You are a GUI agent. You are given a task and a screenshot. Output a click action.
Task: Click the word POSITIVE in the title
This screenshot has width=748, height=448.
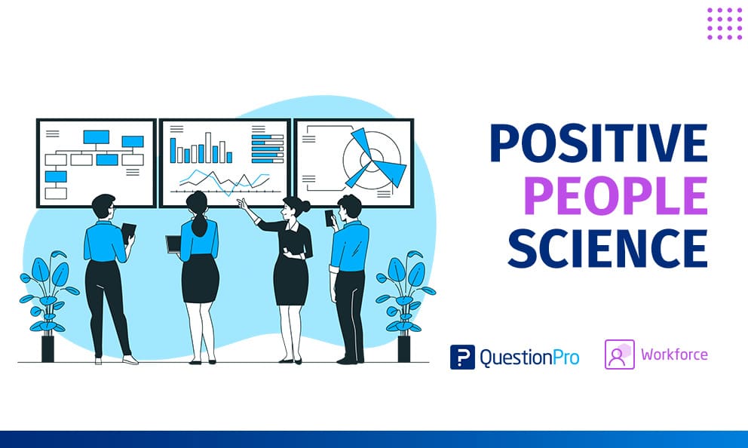599,143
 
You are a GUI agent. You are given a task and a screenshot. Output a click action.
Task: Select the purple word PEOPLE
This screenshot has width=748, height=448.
615,195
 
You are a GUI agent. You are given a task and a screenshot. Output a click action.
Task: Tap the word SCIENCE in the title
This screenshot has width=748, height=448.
608,248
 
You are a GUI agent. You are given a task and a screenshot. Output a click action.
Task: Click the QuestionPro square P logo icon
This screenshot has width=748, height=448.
462,357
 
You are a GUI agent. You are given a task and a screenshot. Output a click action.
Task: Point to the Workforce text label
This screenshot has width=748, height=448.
674,354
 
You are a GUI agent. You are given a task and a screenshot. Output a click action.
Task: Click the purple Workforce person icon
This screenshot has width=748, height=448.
620,354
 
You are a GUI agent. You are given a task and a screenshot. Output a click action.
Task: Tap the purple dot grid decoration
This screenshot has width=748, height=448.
725,23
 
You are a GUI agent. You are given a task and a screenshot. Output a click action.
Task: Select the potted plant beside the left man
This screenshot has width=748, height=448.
48,305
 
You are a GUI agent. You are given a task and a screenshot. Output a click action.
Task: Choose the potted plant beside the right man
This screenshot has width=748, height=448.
404,305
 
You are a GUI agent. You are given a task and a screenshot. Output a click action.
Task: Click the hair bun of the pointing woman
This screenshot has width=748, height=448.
305,206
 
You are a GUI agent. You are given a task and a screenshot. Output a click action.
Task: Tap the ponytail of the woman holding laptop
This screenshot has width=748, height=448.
199,224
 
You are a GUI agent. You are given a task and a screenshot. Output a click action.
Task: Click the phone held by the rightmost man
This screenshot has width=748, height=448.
330,218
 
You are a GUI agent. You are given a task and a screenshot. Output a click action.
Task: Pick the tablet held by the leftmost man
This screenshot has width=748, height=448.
128,232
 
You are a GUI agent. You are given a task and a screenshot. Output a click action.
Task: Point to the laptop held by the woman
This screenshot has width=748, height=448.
173,244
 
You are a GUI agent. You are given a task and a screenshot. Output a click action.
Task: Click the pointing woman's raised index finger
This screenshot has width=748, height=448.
239,201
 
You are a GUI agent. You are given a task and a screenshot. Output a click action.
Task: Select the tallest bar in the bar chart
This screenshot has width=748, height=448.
208,147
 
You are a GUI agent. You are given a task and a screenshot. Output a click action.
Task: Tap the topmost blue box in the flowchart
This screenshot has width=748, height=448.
97,137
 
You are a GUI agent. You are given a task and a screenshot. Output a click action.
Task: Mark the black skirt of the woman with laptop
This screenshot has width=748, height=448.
200,278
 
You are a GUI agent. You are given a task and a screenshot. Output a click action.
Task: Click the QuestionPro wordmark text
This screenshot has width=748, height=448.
529,357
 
